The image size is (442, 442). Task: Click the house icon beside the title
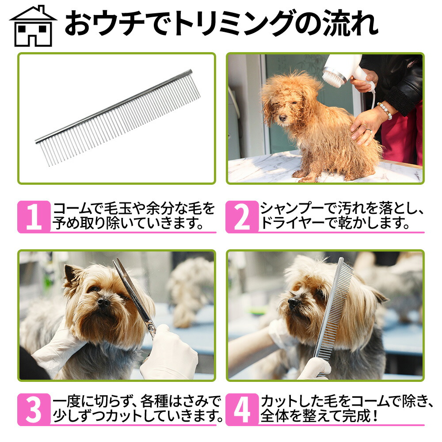tap(33, 26)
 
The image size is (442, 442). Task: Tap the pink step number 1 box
tap(34, 217)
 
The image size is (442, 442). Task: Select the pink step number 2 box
tap(242, 217)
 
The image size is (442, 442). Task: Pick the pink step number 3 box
tap(34, 410)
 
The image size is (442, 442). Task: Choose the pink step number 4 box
tap(242, 410)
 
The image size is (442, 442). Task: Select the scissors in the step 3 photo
tap(133, 294)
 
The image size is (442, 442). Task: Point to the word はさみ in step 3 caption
tap(191, 402)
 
